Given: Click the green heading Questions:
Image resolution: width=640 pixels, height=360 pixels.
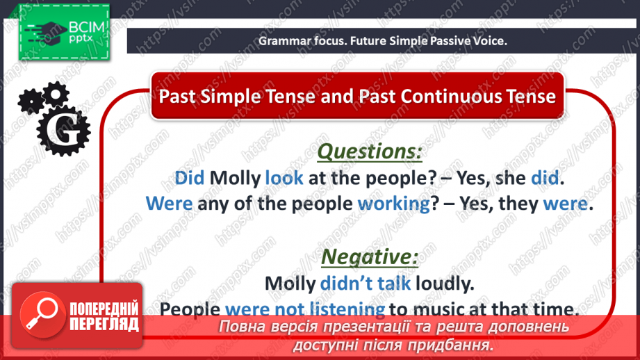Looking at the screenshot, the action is point(370,152).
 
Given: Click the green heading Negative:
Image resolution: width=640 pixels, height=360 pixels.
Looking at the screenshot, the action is point(370,256).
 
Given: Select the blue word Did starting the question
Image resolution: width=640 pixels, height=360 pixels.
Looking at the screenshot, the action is point(190,178).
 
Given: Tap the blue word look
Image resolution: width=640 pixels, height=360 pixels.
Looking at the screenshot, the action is point(284,178).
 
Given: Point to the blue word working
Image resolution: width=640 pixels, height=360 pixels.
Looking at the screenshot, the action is point(394,204).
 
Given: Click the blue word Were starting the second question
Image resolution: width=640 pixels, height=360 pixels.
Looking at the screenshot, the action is point(169,203).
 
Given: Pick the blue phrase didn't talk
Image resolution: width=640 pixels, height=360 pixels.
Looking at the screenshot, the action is point(366,284).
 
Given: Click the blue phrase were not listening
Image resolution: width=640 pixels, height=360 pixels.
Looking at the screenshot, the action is point(305,309).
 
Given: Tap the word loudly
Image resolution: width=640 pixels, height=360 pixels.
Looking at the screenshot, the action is point(445,284).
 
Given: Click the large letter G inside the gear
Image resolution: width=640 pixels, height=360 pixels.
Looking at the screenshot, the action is point(63,130).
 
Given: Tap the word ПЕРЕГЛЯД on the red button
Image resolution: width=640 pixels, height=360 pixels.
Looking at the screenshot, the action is point(104,325).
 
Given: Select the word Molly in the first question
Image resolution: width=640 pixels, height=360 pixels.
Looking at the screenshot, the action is point(235,178).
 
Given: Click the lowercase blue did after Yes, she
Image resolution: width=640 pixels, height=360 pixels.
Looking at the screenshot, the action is point(545,178).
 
